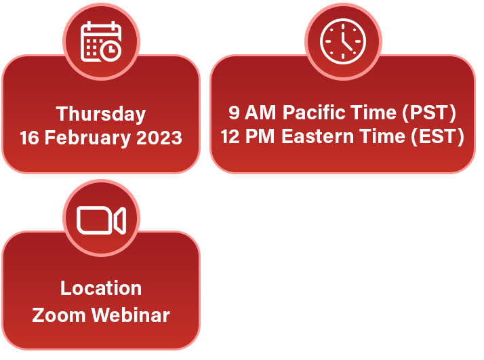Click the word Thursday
click(x=100, y=114)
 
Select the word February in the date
click(x=87, y=138)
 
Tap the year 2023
click(x=159, y=138)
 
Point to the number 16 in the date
click(x=30, y=138)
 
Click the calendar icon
click(x=101, y=41)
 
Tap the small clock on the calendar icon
click(x=110, y=51)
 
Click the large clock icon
click(x=343, y=41)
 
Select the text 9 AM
click(x=252, y=112)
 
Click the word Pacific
click(x=314, y=112)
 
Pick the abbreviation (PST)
click(x=429, y=113)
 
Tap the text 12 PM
click(x=247, y=136)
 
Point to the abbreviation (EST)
click(x=437, y=136)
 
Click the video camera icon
click(x=101, y=220)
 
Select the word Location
click(x=101, y=288)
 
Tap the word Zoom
click(x=59, y=315)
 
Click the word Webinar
click(x=131, y=315)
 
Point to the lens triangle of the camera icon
click(x=121, y=220)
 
